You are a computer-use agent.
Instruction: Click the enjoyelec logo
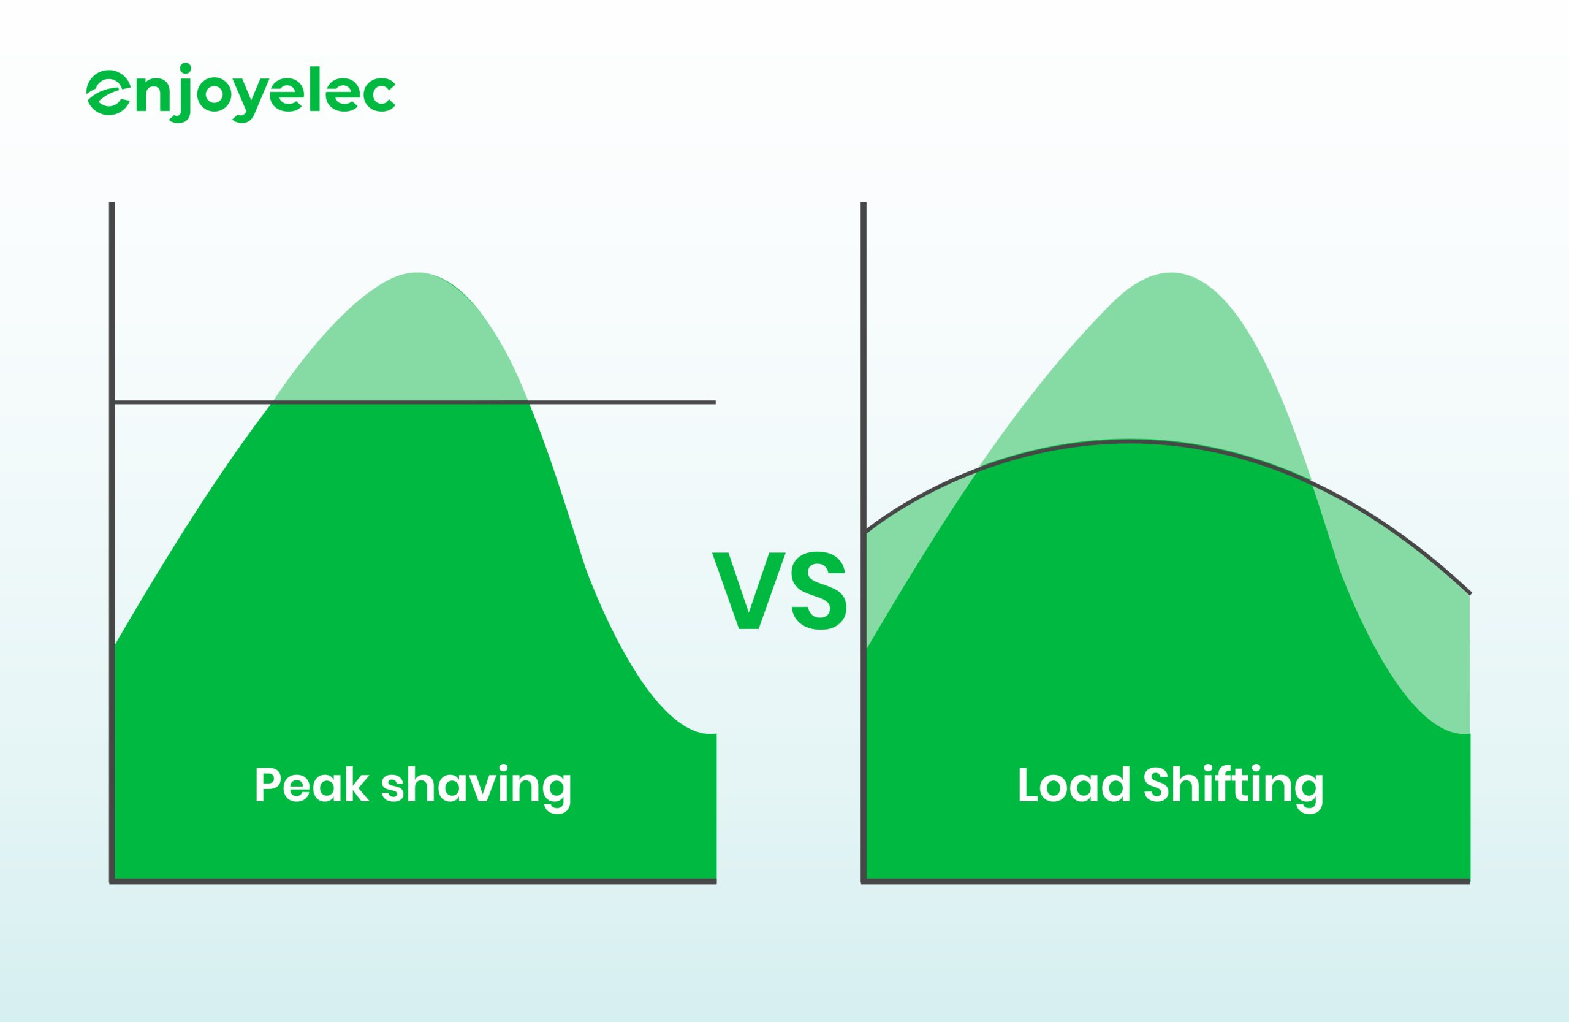[241, 93]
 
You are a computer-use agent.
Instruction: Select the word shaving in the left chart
[476, 789]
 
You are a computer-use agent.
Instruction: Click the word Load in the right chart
[1074, 784]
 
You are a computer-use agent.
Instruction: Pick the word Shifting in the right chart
[1234, 789]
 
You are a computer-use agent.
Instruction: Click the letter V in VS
[749, 591]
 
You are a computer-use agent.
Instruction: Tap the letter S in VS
[819, 591]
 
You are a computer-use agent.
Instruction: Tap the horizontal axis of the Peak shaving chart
[413, 881]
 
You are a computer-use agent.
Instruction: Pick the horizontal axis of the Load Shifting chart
[1166, 881]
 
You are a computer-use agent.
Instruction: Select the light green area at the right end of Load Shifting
[1418, 633]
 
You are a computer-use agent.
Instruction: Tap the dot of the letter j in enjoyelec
[186, 68]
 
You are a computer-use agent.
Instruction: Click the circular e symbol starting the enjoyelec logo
[108, 93]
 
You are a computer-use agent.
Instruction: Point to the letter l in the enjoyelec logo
[315, 88]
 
